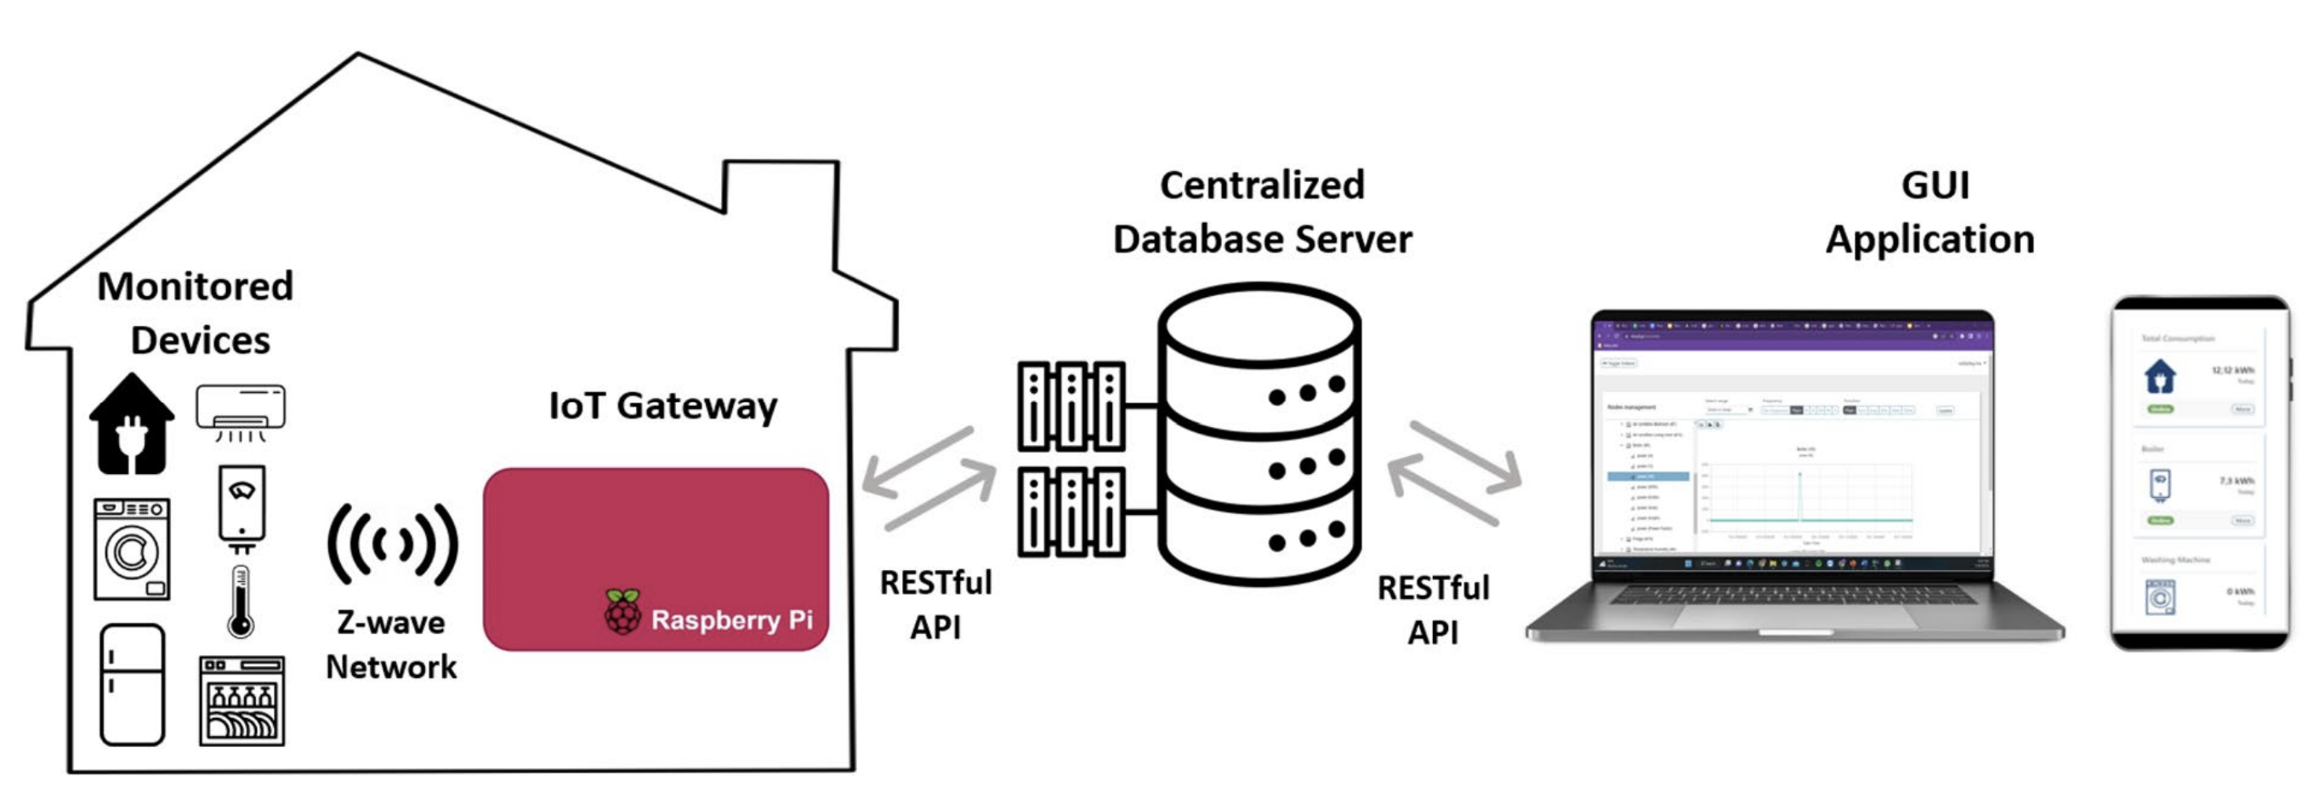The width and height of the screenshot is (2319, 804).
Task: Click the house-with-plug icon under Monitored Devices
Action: coord(132,424)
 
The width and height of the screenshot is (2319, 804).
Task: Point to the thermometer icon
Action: coord(241,602)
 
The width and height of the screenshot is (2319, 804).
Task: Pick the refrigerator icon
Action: coord(133,684)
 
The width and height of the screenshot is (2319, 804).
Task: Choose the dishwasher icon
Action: coord(242,700)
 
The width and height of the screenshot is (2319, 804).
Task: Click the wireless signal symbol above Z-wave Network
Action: coord(393,544)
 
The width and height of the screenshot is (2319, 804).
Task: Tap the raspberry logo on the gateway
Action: coord(622,613)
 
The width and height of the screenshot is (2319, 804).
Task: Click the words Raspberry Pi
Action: coord(731,620)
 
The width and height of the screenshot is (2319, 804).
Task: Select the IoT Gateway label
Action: coord(662,407)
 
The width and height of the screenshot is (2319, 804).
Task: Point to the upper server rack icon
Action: coord(1071,406)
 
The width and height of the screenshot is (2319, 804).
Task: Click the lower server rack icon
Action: coord(1071,510)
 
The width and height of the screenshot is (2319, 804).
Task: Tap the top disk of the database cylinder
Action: coord(1259,328)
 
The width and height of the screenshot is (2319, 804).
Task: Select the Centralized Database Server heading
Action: coord(1262,213)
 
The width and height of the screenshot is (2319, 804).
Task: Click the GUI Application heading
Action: coord(1931,213)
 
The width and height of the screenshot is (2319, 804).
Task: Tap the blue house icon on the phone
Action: coord(2160,376)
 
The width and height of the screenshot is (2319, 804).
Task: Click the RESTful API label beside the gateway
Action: coord(935,604)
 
